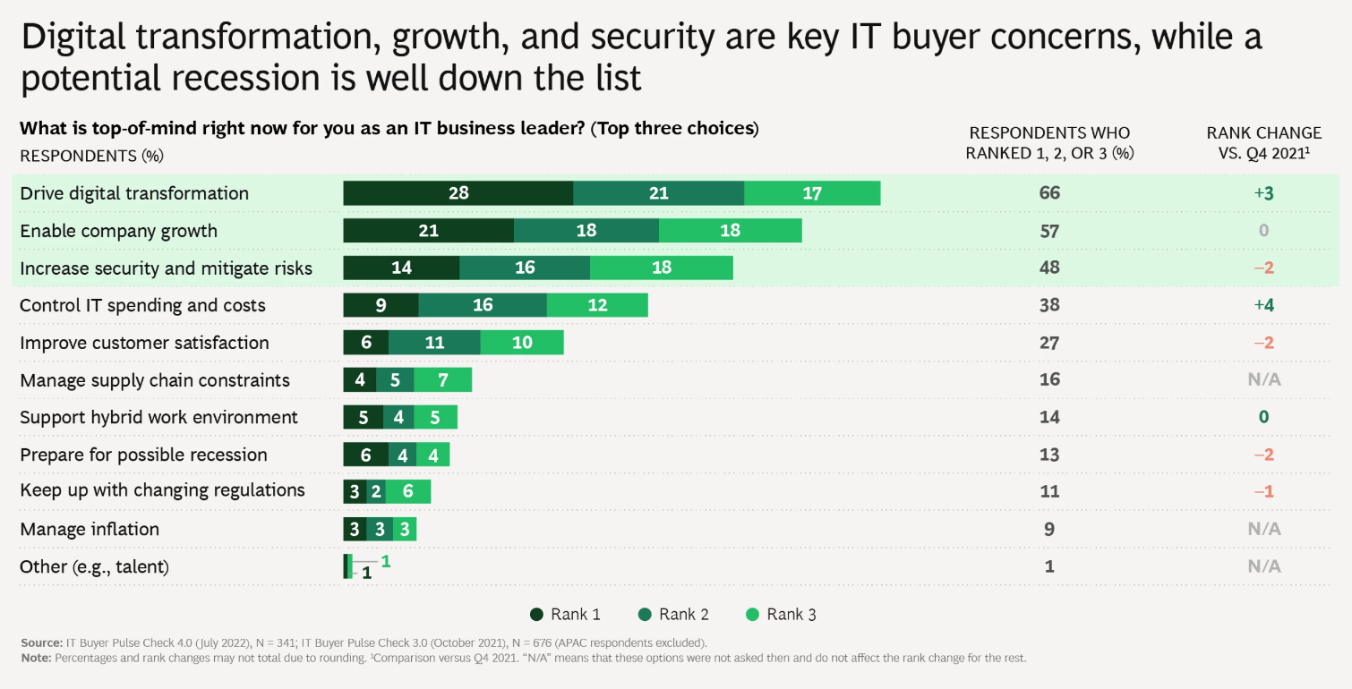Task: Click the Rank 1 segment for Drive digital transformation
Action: pyautogui.click(x=458, y=193)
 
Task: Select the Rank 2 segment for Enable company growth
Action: pyautogui.click(x=586, y=231)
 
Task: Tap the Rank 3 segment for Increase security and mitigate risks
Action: pyautogui.click(x=661, y=268)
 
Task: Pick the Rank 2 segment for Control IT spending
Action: pyautogui.click(x=482, y=305)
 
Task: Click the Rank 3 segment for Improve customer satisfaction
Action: pyautogui.click(x=521, y=343)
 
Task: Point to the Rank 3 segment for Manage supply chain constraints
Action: pyautogui.click(x=442, y=380)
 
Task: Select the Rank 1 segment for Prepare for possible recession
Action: pyautogui.click(x=365, y=455)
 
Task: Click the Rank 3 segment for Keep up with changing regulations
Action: pyautogui.click(x=408, y=492)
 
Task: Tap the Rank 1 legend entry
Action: pyautogui.click(x=565, y=615)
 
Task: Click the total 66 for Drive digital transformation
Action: pyautogui.click(x=1049, y=193)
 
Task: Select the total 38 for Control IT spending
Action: pyautogui.click(x=1049, y=305)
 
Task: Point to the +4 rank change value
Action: pyautogui.click(x=1263, y=305)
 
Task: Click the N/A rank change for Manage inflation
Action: pyautogui.click(x=1263, y=529)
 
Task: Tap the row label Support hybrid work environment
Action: pyautogui.click(x=158, y=417)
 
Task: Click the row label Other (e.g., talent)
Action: pyautogui.click(x=94, y=566)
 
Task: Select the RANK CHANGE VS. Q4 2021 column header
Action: pyautogui.click(x=1263, y=142)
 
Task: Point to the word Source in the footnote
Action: pyautogui.click(x=40, y=642)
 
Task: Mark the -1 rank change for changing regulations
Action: pyautogui.click(x=1263, y=492)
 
